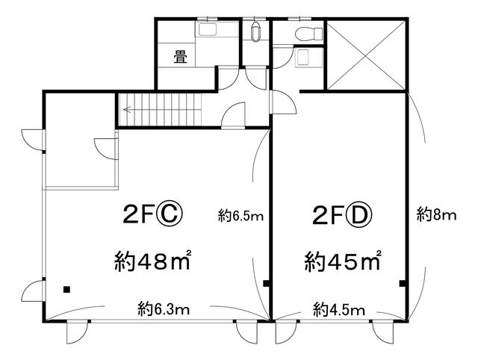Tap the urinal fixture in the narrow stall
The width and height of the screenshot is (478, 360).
255,31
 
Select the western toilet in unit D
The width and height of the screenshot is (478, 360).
309,33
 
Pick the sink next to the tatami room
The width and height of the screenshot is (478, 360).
208,30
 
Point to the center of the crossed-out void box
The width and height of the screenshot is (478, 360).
366,55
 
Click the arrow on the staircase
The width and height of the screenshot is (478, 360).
128,109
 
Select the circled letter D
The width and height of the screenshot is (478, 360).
359,215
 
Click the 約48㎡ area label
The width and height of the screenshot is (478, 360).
153,261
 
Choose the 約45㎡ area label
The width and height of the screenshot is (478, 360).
343,261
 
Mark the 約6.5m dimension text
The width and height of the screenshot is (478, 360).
240,216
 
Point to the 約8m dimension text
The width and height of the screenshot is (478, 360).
436,216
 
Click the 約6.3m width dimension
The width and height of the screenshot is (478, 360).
164,309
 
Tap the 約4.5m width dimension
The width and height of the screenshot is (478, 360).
339,310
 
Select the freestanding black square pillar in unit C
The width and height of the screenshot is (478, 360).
66,289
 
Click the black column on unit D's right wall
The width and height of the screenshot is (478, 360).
403,284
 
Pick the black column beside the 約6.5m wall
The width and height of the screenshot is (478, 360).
266,284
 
